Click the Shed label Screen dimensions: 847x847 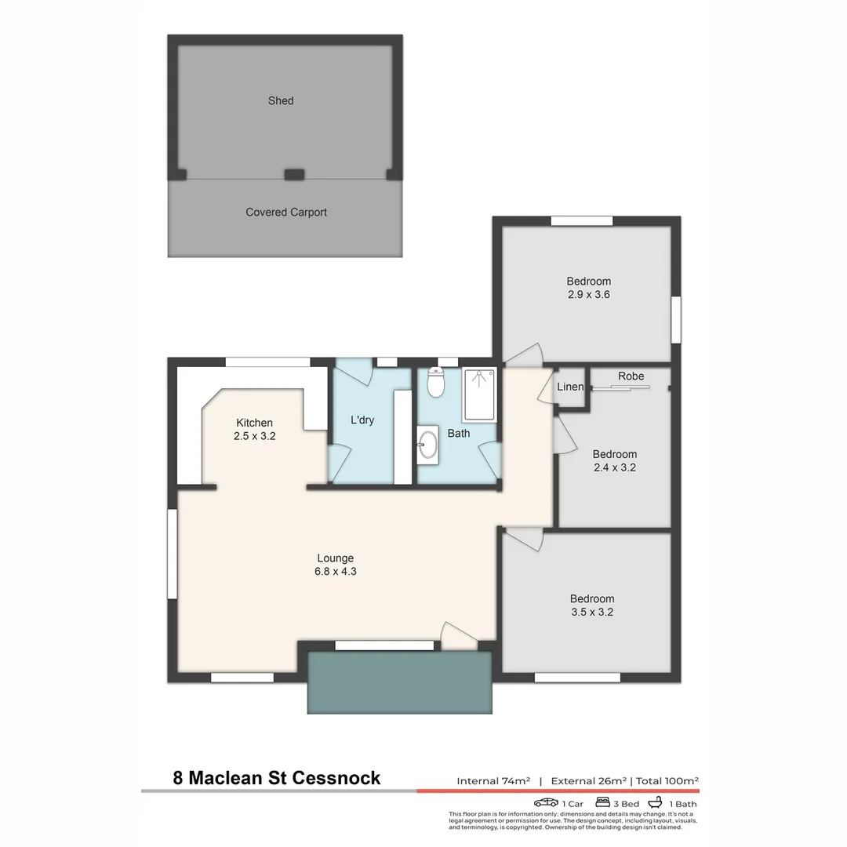click(281, 100)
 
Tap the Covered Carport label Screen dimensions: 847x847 click(286, 212)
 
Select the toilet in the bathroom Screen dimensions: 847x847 click(436, 384)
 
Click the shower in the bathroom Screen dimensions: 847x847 click(478, 395)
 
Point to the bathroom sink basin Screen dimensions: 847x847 click(428, 445)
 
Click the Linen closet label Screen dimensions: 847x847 click(570, 387)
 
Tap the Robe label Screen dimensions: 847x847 click(631, 376)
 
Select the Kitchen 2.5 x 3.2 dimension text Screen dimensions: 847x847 click(254, 436)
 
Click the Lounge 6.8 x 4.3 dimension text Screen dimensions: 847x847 click(335, 572)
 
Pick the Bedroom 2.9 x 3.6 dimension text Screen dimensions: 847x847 click(588, 295)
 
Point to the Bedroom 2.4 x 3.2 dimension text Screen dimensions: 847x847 click(614, 467)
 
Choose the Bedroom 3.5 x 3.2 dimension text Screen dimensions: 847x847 click(592, 612)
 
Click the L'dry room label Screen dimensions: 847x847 click(362, 420)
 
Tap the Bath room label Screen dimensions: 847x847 click(459, 433)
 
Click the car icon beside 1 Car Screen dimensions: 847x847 click(546, 802)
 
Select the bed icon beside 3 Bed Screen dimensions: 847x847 click(603, 802)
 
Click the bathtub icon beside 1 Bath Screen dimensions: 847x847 click(656, 802)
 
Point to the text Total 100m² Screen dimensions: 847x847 click(667, 781)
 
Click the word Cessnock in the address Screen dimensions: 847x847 click(339, 778)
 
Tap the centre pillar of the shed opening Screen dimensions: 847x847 click(294, 175)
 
